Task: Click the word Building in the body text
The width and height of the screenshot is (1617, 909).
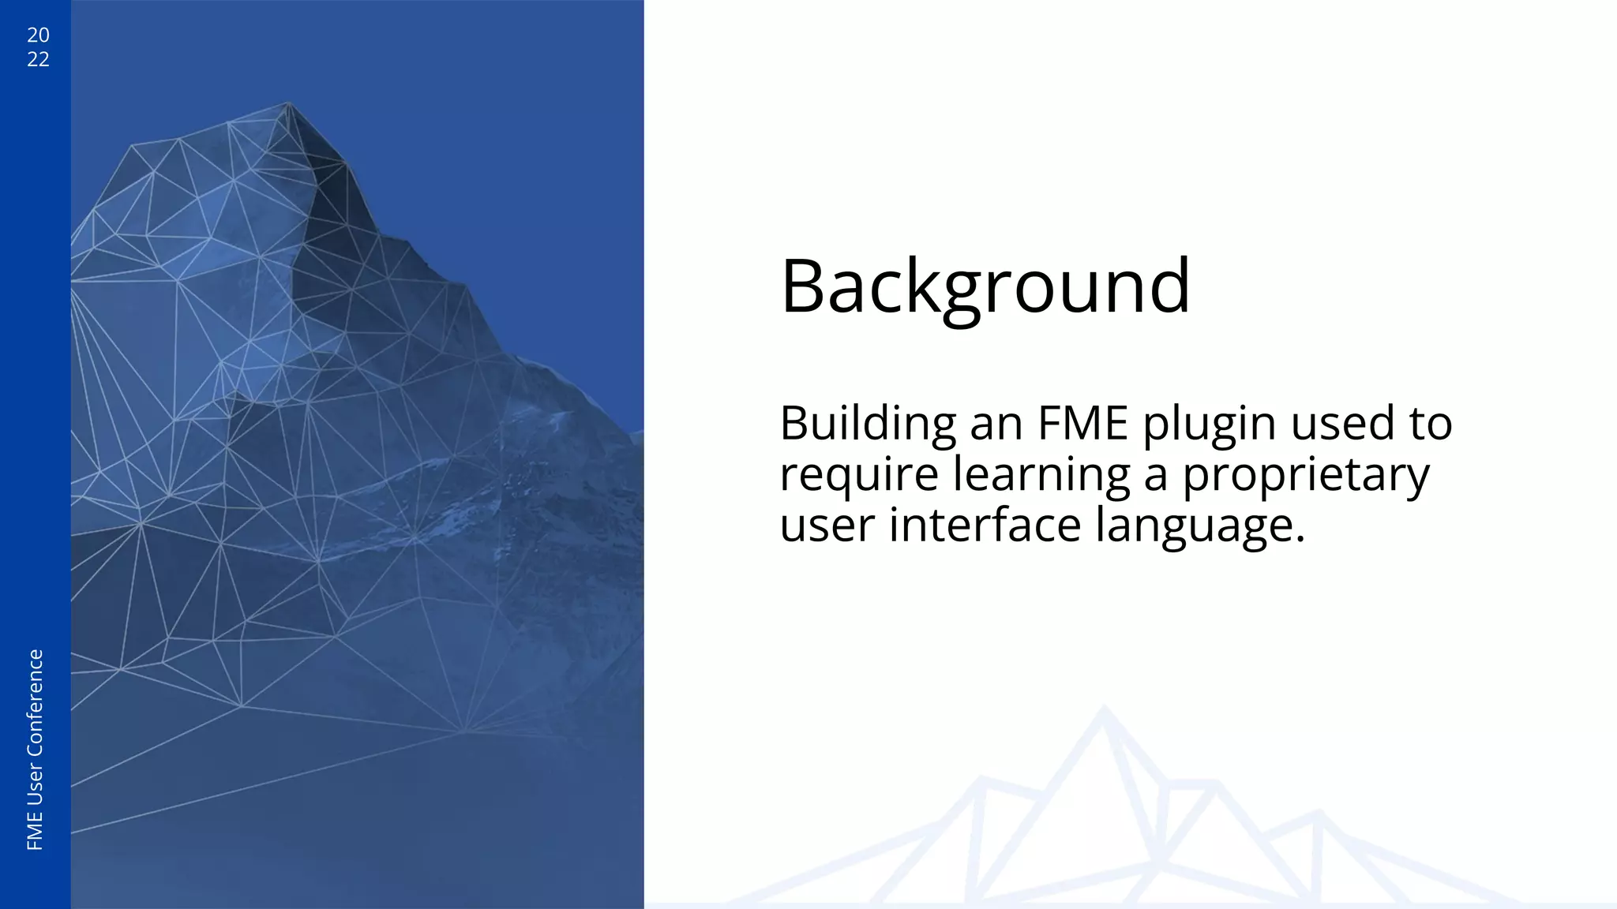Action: tap(868, 424)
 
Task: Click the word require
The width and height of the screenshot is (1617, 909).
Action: tap(859, 476)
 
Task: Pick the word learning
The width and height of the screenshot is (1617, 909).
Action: tap(1041, 476)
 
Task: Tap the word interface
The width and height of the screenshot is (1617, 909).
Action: tap(985, 526)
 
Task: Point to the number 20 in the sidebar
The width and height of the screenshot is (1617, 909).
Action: tap(38, 35)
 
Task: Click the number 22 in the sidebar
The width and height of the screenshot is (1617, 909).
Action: tap(38, 59)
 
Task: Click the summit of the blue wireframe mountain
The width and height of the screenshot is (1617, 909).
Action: tap(288, 103)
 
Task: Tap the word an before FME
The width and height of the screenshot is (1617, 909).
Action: tap(996, 425)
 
